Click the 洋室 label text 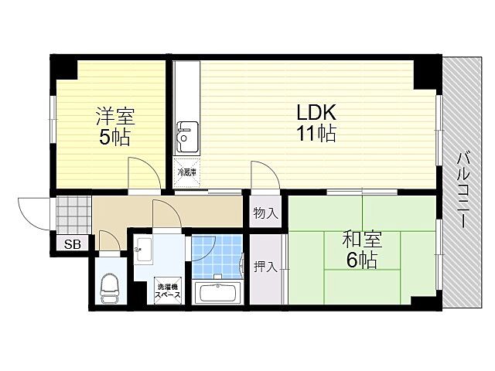tap(114, 117)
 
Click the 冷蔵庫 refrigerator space tap(186, 173)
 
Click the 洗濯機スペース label tap(169, 290)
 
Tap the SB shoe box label tap(71, 245)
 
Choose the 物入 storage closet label tap(265, 213)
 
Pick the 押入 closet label tap(265, 267)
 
